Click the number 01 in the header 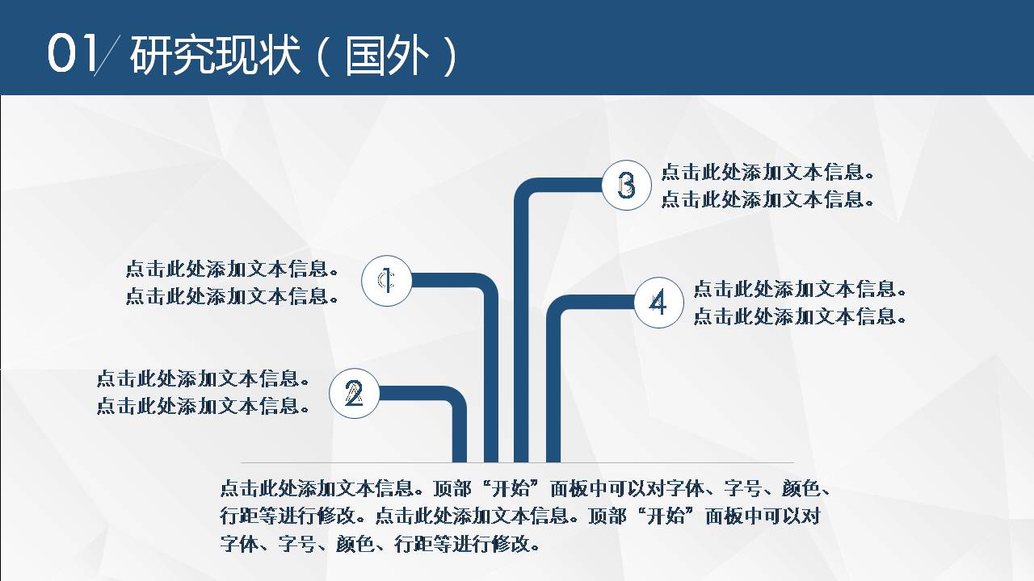72,54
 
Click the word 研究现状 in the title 215,56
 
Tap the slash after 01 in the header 106,56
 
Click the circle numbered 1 387,281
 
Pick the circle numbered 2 354,394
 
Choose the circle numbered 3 626,186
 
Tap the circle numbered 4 658,303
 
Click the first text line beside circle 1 231,270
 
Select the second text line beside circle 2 203,405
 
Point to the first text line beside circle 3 767,172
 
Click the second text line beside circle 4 800,316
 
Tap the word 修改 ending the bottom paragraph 510,543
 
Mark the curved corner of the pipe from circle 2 455,399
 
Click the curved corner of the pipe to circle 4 558,307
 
